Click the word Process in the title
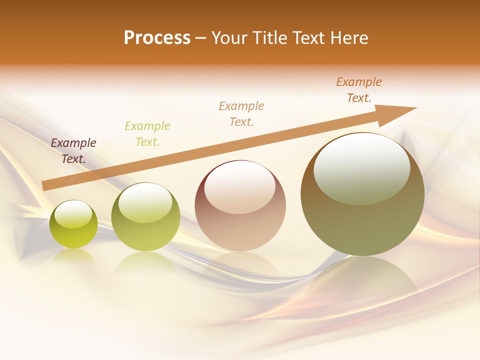coord(157,38)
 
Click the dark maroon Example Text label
coord(73,151)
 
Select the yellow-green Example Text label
coord(147,134)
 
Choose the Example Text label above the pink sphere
coord(241,113)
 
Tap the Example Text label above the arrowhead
coord(359,90)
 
